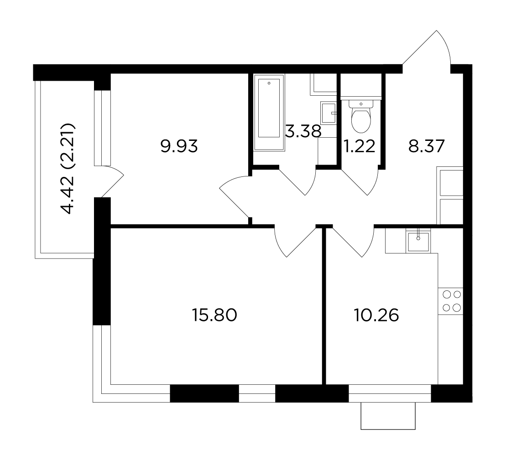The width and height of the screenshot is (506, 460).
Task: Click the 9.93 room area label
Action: [x=179, y=147]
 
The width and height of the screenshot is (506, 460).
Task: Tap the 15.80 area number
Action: [x=214, y=315]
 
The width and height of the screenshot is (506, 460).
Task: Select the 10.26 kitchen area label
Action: [x=376, y=315]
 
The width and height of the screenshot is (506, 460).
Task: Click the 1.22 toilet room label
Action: [x=359, y=147]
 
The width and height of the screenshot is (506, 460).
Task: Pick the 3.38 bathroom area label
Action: [x=303, y=131]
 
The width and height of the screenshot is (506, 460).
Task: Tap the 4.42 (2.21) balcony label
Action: [x=68, y=168]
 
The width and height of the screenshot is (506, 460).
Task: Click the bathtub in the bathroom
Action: [x=269, y=112]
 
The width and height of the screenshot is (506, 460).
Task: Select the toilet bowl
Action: [x=361, y=120]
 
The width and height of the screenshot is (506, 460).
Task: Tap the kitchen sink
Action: [x=418, y=241]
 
